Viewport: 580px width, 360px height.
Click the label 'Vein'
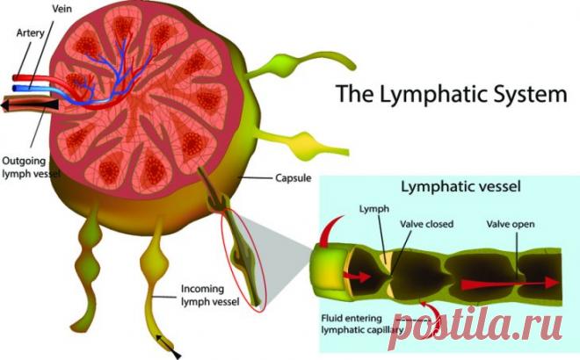coord(62,9)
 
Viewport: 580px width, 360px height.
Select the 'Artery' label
coord(31,32)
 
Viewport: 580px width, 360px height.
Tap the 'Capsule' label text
coord(293,177)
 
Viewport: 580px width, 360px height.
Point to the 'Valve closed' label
coord(426,224)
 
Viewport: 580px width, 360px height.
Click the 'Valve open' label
coord(511,224)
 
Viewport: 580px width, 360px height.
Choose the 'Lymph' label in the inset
coord(374,209)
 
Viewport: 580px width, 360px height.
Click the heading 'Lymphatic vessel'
coord(460,186)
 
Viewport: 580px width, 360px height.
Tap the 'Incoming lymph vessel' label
coord(210,295)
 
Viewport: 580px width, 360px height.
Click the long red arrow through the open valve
coord(510,284)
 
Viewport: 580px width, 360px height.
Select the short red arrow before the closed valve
coord(357,277)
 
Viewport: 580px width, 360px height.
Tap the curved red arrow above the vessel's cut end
coord(332,232)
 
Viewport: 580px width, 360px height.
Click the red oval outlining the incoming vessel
coord(243,260)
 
